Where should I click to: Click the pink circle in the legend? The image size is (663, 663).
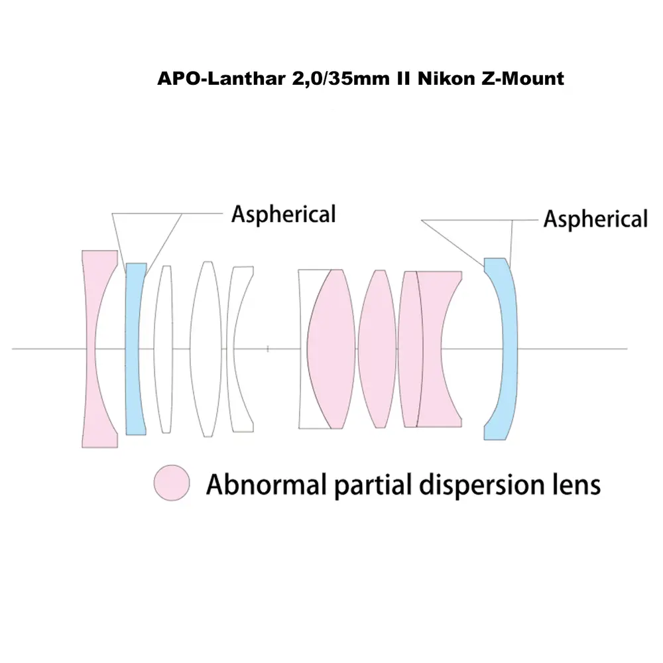click(x=172, y=482)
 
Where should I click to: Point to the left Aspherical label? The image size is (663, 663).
click(x=283, y=214)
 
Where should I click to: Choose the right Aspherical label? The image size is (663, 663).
click(x=595, y=219)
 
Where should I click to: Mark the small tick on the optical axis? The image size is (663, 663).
click(x=267, y=348)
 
